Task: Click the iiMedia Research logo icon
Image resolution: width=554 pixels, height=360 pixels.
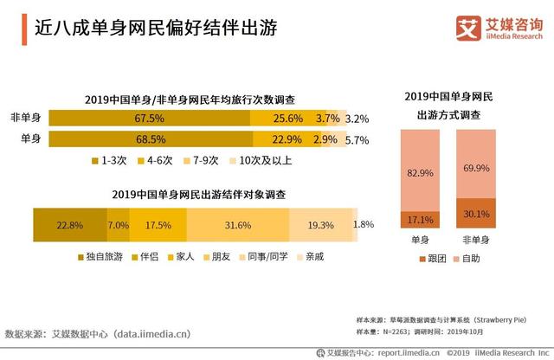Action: [x=467, y=28]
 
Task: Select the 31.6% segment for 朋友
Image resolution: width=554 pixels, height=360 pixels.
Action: [x=237, y=225]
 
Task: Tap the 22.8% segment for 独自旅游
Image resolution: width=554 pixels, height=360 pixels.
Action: [x=69, y=225]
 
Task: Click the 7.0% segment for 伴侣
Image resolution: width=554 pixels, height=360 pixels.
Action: [x=118, y=225]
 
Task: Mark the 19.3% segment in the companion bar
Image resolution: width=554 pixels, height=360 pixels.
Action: [x=321, y=225]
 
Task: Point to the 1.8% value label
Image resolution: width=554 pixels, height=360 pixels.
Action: [x=364, y=225]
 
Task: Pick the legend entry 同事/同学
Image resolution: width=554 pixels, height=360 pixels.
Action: [x=264, y=257]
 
